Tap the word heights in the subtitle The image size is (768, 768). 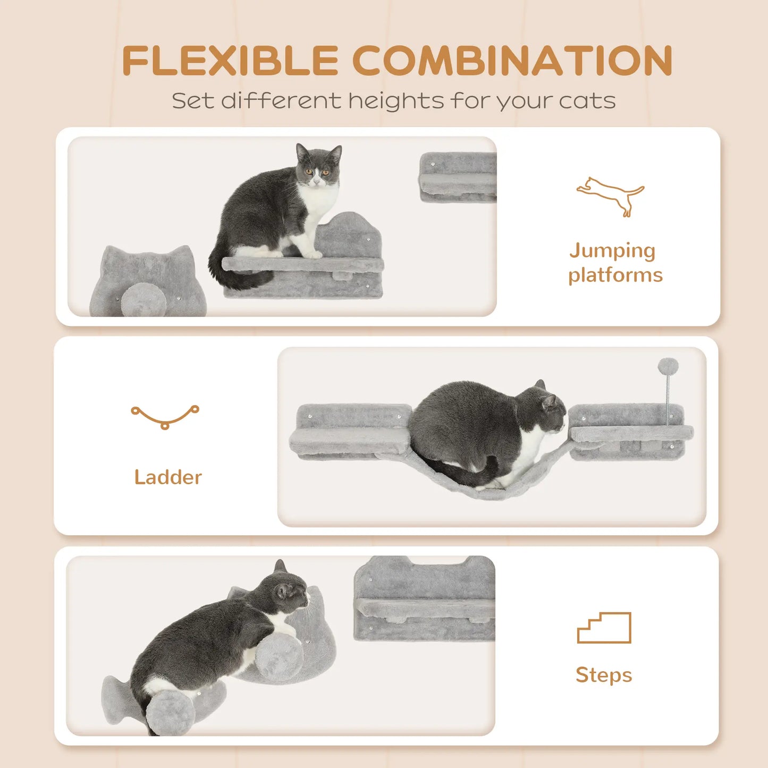point(396,101)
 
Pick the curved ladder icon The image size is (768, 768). point(165,416)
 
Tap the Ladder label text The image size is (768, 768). point(168,477)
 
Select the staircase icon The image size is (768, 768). point(604,628)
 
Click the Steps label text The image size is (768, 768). point(604,674)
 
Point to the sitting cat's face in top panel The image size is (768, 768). point(318,170)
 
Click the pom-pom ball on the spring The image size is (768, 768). point(668,366)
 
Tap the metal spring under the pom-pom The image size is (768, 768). point(668,399)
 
